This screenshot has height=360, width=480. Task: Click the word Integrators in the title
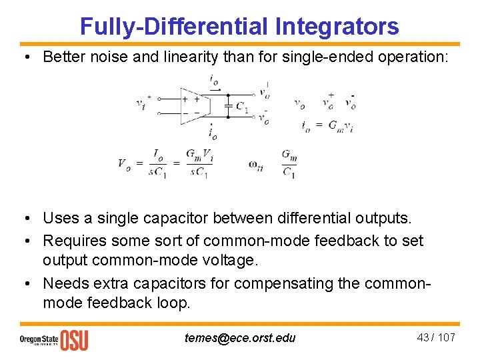[336, 26]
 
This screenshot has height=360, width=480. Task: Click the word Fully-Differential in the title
[173, 26]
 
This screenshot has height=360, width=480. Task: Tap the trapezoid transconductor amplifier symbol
[194, 105]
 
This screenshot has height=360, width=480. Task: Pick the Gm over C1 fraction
[289, 164]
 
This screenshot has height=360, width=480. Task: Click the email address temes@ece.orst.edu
[239, 337]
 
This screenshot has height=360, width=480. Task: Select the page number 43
[423, 337]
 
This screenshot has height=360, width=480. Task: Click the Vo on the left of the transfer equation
[125, 163]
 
